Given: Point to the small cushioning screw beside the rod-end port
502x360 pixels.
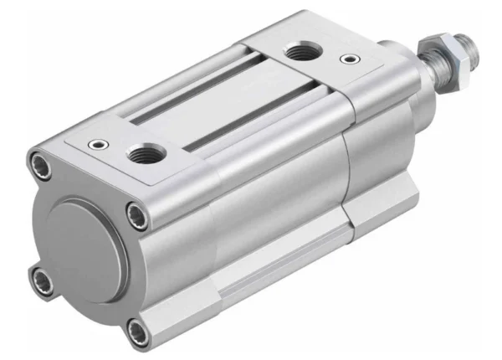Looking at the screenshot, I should point(346,59).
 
